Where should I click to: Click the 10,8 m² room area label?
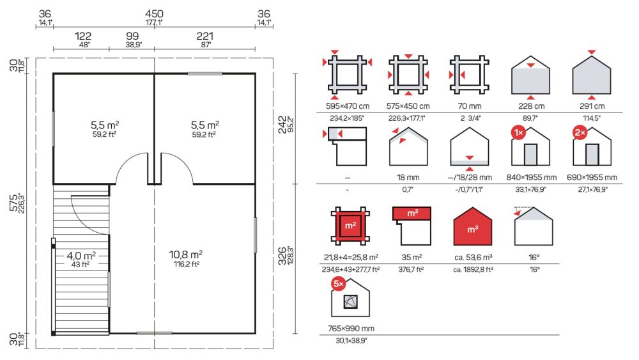pyautogui.click(x=186, y=254)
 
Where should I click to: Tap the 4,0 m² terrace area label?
pyautogui.click(x=81, y=256)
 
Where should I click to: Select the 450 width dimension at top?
pyautogui.click(x=154, y=14)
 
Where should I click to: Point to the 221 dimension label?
pyautogui.click(x=204, y=36)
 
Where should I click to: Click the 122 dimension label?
pyautogui.click(x=82, y=36)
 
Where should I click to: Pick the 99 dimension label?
pyautogui.click(x=132, y=36)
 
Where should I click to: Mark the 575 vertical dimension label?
pyautogui.click(x=13, y=203)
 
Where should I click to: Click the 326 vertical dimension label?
pyautogui.click(x=282, y=256)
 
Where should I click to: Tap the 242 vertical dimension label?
pyautogui.click(x=282, y=125)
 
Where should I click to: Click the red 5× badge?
pyautogui.click(x=339, y=284)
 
